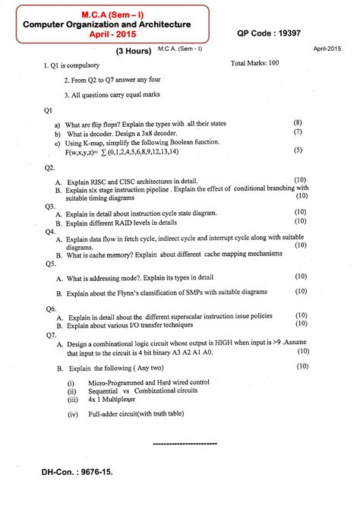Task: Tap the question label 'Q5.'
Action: (51, 264)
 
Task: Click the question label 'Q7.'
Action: (51, 334)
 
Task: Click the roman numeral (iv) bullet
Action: (73, 415)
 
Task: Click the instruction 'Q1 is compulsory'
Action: (78, 67)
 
